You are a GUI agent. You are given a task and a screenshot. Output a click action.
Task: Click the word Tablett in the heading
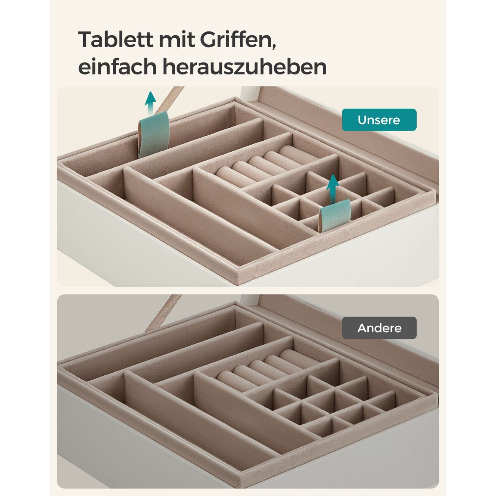[x=116, y=39]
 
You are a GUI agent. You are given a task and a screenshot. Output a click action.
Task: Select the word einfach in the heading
[x=117, y=67]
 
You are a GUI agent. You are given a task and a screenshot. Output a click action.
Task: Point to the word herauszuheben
[x=245, y=67]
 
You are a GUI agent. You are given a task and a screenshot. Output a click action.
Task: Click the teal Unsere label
[x=379, y=120]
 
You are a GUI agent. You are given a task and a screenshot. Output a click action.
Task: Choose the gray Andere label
[x=379, y=328]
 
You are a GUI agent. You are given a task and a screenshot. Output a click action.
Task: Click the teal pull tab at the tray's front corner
[x=335, y=215]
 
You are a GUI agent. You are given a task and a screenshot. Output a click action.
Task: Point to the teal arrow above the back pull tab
[x=150, y=102]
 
